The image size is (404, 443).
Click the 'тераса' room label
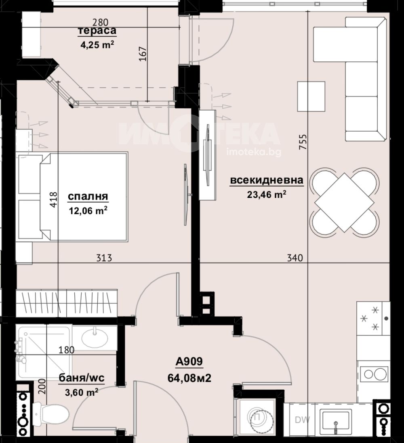tap(97, 31)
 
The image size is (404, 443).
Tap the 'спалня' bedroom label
tap(88, 196)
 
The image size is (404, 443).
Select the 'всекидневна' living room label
tap(267, 180)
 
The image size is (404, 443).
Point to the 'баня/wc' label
tap(82, 378)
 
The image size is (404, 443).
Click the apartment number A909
tap(189, 361)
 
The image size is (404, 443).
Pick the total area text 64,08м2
tap(189, 378)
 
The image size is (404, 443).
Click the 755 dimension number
tap(302, 143)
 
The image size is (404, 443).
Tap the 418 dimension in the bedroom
tap(53, 200)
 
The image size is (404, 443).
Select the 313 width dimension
tap(104, 258)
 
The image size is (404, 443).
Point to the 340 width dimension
tap(295, 258)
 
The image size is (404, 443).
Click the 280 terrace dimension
tap(100, 22)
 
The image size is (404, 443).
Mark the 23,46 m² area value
tap(267, 195)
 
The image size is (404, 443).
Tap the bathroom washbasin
tap(95, 337)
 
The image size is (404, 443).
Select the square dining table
tap(344, 203)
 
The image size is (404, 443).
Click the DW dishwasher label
tap(303, 420)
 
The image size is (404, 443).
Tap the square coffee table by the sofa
tap(311, 97)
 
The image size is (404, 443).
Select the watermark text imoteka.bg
tap(254, 152)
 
